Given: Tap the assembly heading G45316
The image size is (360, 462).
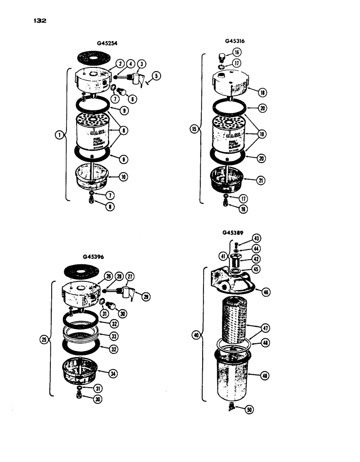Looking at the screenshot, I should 235,41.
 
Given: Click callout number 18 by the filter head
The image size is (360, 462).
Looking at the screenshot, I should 262,92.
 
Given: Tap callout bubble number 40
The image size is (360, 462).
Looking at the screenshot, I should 195,335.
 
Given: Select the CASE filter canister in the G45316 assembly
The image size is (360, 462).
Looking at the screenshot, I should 228,135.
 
